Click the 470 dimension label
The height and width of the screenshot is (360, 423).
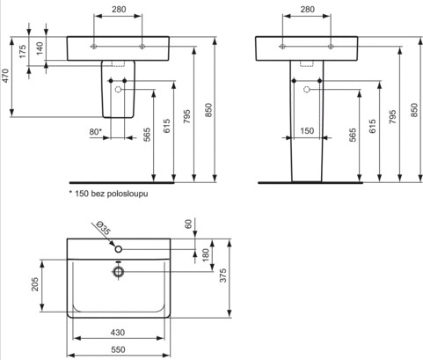pyautogui.click(x=6, y=76)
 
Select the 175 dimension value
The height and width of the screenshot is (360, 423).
pyautogui.click(x=23, y=51)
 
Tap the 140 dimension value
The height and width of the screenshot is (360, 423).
pyautogui.click(x=40, y=48)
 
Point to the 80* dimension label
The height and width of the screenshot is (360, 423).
pyautogui.click(x=96, y=132)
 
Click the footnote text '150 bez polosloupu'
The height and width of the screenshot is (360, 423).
pyautogui.click(x=112, y=194)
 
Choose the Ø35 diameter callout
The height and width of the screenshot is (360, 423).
pyautogui.click(x=103, y=228)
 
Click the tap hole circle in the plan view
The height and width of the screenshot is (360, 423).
pyautogui.click(x=119, y=249)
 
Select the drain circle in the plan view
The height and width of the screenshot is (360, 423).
pyautogui.click(x=119, y=272)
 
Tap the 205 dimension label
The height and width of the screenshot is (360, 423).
pyautogui.click(x=35, y=284)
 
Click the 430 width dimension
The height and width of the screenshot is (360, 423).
pyautogui.click(x=118, y=333)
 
